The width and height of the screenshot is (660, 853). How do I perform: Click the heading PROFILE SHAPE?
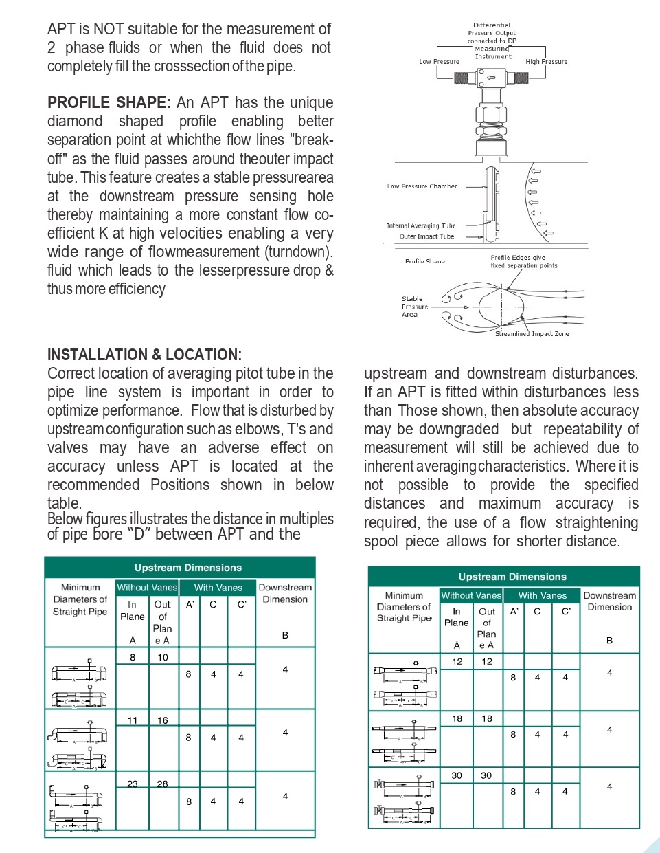[109, 103]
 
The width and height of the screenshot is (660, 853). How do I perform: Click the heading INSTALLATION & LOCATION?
[144, 355]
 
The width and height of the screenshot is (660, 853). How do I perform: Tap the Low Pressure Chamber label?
[422, 186]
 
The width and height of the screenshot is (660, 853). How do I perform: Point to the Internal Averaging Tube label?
[421, 225]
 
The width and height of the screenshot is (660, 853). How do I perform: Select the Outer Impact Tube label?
[426, 236]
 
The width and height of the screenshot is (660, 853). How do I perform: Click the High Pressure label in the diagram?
[547, 62]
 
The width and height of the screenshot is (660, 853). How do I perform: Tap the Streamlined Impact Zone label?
[532, 334]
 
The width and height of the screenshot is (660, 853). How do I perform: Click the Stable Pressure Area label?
[413, 307]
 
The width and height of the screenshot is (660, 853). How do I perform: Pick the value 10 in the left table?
[163, 657]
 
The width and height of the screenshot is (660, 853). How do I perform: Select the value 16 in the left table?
[163, 720]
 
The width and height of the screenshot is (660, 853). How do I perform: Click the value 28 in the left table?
[163, 784]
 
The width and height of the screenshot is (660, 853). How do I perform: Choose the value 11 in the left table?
[133, 720]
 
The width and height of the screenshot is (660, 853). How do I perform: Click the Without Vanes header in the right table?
[471, 595]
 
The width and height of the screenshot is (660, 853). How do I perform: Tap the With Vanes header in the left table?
[218, 588]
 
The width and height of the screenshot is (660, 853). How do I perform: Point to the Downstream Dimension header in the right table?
[610, 601]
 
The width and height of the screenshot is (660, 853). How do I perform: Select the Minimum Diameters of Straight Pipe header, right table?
[404, 607]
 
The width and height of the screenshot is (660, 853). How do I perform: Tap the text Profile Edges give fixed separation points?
[523, 261]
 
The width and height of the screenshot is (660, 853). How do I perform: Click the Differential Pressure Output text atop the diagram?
[492, 29]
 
